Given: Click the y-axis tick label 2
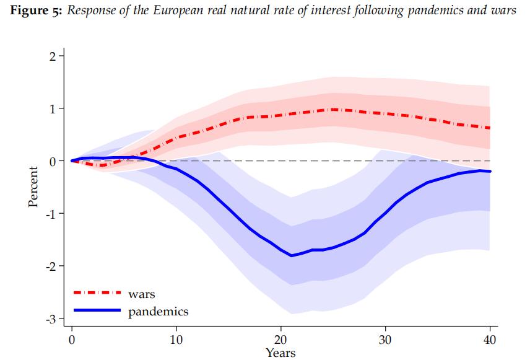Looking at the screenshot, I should [x=53, y=56].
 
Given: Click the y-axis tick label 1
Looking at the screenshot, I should [x=53, y=109].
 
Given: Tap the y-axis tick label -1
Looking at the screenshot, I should [x=51, y=214].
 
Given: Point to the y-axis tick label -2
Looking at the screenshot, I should [x=51, y=266].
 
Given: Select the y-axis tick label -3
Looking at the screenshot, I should [x=51, y=319].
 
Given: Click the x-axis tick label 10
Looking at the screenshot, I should [x=176, y=340].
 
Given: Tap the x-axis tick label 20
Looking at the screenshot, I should [x=281, y=340].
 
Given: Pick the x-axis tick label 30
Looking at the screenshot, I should [x=385, y=340].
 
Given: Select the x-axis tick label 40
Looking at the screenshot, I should [x=489, y=340].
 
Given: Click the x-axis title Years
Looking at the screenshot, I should [x=280, y=353].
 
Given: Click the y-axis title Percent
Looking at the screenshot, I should [x=34, y=187].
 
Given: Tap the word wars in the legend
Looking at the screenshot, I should [x=141, y=293].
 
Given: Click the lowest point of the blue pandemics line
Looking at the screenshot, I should [x=291, y=255].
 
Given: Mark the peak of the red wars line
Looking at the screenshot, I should [x=333, y=109].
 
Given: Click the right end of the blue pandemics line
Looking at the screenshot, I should [x=490, y=171].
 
